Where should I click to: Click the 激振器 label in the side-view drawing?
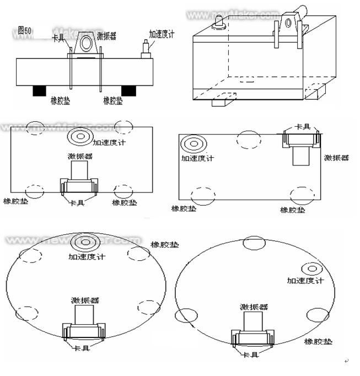tap(106, 36)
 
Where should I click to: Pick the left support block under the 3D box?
tap(224, 100)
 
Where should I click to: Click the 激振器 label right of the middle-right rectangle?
tap(336, 158)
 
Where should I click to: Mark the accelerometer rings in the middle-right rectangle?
tap(193, 144)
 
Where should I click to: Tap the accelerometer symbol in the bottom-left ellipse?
tap(85, 242)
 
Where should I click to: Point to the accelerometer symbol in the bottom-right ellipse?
tap(312, 270)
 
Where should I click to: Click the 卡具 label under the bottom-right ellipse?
tap(251, 354)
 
